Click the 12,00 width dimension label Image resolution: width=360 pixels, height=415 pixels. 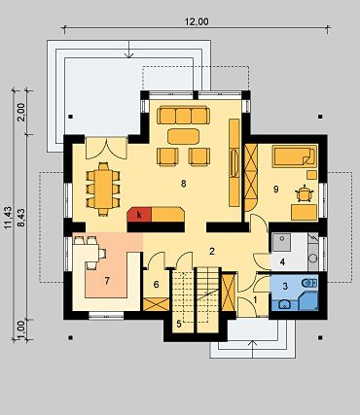click(x=197, y=21)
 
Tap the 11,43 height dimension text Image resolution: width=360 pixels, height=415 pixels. click(x=9, y=218)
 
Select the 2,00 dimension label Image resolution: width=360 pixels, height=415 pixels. click(x=21, y=112)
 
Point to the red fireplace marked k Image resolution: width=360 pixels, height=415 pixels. click(x=139, y=215)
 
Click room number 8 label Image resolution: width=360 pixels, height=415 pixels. click(x=184, y=184)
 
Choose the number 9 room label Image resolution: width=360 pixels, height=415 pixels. click(x=275, y=190)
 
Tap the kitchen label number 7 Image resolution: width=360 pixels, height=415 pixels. click(x=107, y=281)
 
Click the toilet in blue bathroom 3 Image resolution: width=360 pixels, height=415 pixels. click(x=309, y=283)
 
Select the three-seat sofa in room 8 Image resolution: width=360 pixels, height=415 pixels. click(x=183, y=116)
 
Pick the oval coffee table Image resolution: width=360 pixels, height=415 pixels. click(x=183, y=136)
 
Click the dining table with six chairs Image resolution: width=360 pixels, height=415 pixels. click(x=103, y=189)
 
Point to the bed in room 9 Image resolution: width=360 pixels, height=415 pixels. click(x=294, y=156)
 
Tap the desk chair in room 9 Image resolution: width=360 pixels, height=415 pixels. click(x=305, y=193)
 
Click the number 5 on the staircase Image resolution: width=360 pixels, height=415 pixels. click(x=179, y=324)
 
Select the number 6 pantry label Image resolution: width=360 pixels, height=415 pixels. click(x=156, y=285)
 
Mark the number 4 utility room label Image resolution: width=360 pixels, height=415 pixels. click(x=282, y=261)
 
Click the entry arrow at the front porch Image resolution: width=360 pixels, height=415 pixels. click(x=253, y=350)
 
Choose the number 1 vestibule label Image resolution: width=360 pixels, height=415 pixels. click(x=255, y=300)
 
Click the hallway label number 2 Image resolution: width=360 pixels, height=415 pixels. click(x=212, y=251)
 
